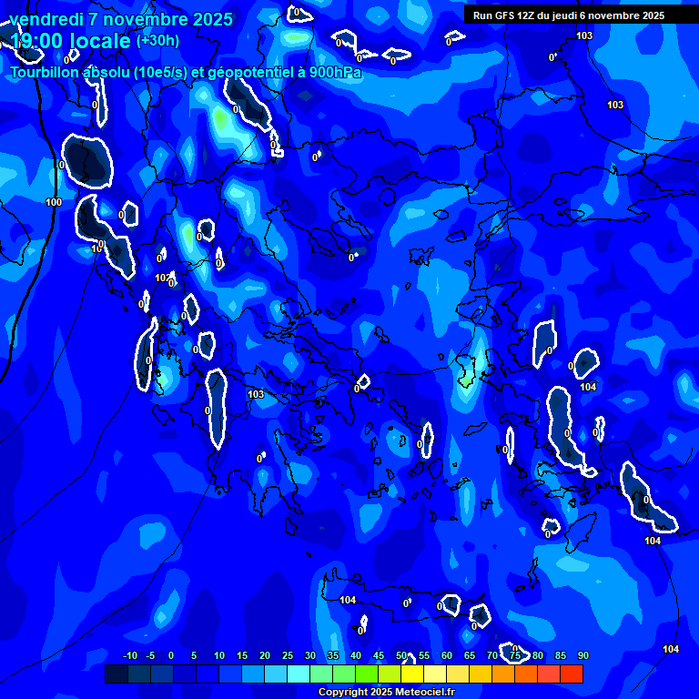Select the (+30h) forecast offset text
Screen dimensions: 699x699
(157, 41)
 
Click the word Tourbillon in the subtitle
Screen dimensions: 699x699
(46, 73)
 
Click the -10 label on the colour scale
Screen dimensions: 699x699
(130, 656)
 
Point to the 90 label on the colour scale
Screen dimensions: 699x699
(582, 656)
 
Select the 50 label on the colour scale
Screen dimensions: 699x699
(401, 656)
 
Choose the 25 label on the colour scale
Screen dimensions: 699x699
(288, 656)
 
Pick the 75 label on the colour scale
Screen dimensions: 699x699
(514, 656)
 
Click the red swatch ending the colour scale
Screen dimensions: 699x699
(572, 674)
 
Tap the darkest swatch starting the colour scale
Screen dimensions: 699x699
(116, 674)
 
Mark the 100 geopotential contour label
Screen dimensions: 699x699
(54, 202)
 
